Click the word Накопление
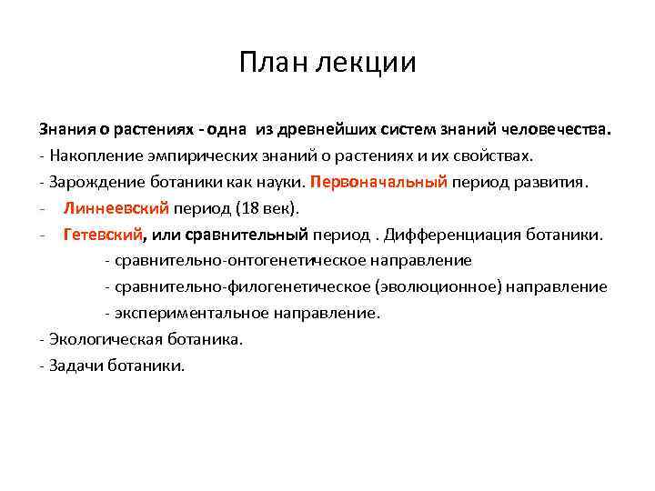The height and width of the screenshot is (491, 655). coord(96,155)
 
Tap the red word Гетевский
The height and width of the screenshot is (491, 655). coord(103,235)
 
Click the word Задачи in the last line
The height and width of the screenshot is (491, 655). coord(75,366)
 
